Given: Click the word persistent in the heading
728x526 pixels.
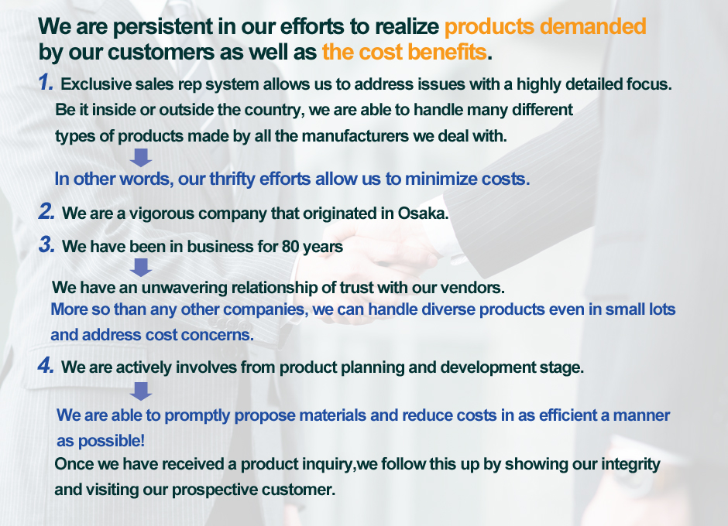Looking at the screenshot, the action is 162,26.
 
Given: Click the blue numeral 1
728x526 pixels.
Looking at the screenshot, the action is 46,82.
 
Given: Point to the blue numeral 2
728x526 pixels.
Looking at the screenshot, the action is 46,211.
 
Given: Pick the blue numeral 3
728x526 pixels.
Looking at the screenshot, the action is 46,244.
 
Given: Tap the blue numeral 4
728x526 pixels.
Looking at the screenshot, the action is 46,365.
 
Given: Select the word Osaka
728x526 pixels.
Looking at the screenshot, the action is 423,213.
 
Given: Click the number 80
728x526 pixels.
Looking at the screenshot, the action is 290,246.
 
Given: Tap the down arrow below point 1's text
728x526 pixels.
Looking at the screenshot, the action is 141,158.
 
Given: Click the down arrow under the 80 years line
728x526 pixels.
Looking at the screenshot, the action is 141,268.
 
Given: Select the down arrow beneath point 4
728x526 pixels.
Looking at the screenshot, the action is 141,391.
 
